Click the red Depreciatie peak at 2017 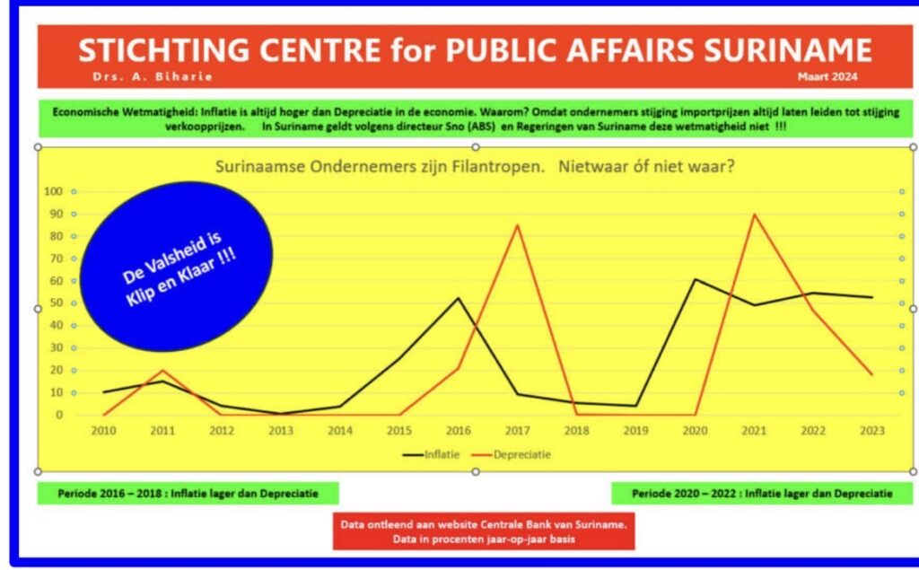tap(518, 225)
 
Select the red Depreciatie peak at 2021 tap(754, 215)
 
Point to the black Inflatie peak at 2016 tap(459, 298)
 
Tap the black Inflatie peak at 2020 tap(695, 279)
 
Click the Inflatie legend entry tap(434, 454)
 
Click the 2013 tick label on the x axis tap(281, 430)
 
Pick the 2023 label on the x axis tap(871, 430)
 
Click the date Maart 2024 tap(827, 76)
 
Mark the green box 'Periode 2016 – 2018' tap(188, 494)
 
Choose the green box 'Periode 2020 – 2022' tap(762, 494)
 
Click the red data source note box tap(483, 531)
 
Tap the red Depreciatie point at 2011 tap(162, 371)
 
